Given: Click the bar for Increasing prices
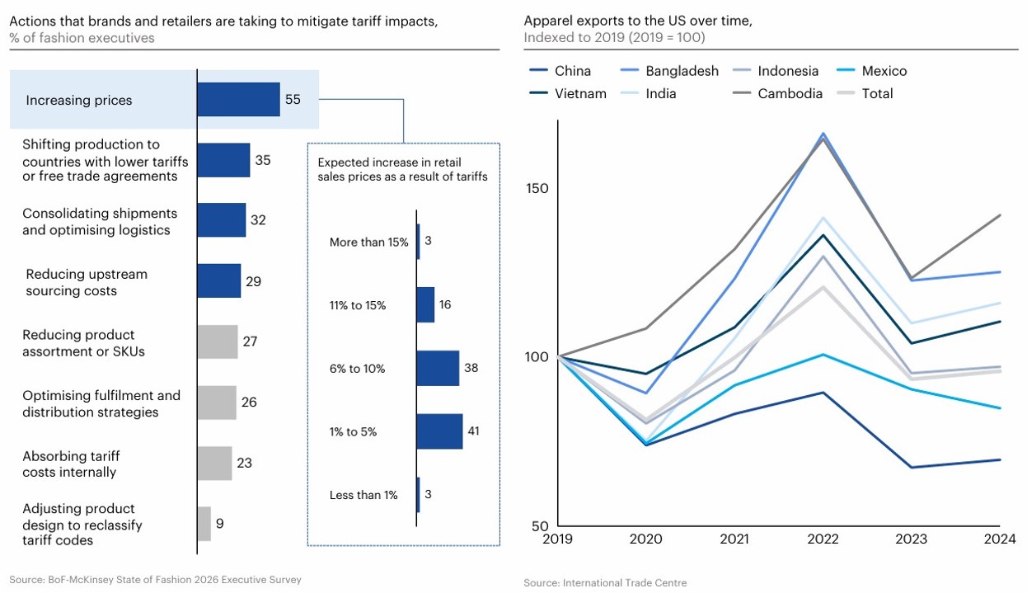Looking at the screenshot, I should [238, 100].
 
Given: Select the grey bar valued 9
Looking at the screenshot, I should [204, 523].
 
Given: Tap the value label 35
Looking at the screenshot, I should [263, 160].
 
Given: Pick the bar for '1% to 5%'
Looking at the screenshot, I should [439, 431].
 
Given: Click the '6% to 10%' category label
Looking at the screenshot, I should [357, 369].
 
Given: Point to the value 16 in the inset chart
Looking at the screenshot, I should [445, 305].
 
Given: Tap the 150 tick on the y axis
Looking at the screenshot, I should [537, 188].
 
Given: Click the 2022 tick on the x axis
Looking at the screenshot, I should [823, 539].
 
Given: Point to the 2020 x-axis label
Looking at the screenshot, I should [646, 539].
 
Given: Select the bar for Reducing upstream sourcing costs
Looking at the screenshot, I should [218, 281].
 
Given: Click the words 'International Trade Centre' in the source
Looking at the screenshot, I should [625, 583].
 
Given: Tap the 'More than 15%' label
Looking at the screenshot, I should [368, 242].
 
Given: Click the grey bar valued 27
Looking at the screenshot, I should [218, 341].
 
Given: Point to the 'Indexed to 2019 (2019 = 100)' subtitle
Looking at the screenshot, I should [614, 38].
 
